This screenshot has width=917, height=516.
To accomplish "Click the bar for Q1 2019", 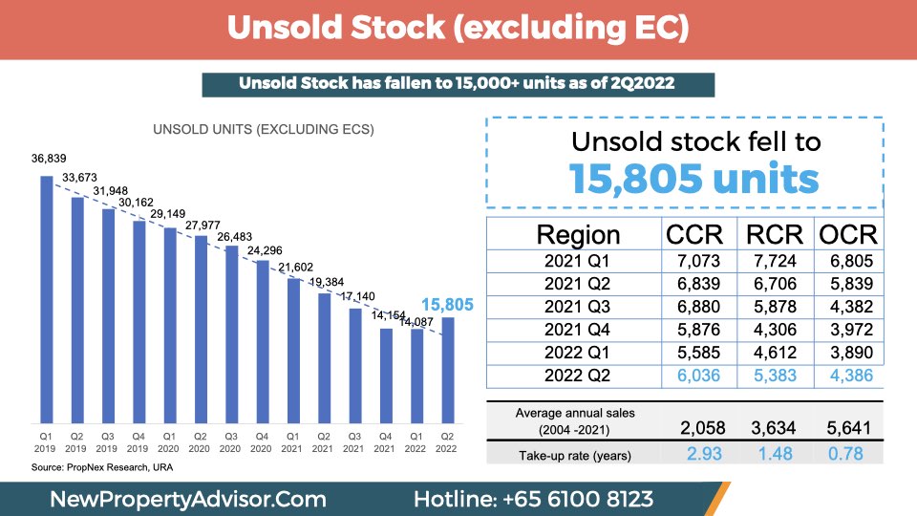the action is coord(46,299).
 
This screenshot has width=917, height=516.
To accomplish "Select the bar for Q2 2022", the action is coord(447,371).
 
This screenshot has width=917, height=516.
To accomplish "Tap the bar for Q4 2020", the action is coord(263,342).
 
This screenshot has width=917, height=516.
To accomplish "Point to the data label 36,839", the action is coord(49,159).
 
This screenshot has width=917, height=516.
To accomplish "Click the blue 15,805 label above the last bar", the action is coord(447,305).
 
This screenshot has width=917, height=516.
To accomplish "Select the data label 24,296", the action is coord(265,250).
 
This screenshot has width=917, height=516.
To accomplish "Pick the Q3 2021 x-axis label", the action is coord(353,442).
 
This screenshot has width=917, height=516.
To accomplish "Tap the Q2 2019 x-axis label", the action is coord(76,442).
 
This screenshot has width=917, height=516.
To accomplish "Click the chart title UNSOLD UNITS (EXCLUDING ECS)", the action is coord(264,129).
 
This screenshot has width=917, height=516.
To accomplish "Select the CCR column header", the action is coord(694,235).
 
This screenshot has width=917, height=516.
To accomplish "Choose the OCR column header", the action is coord(848,235).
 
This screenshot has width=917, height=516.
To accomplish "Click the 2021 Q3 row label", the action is coord(577,307).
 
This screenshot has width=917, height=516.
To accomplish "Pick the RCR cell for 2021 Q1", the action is coord(775,261).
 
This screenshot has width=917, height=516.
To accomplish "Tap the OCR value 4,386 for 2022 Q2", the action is coord(851,376).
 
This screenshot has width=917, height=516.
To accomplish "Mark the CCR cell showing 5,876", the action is coord(698,330).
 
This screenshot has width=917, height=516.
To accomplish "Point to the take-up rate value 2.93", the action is coord(704,453).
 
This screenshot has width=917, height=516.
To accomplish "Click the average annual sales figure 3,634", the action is coord(773,428).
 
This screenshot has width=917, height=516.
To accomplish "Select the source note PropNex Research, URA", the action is coord(102,467).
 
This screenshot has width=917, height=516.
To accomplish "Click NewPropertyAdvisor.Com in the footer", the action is coord(188,500).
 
